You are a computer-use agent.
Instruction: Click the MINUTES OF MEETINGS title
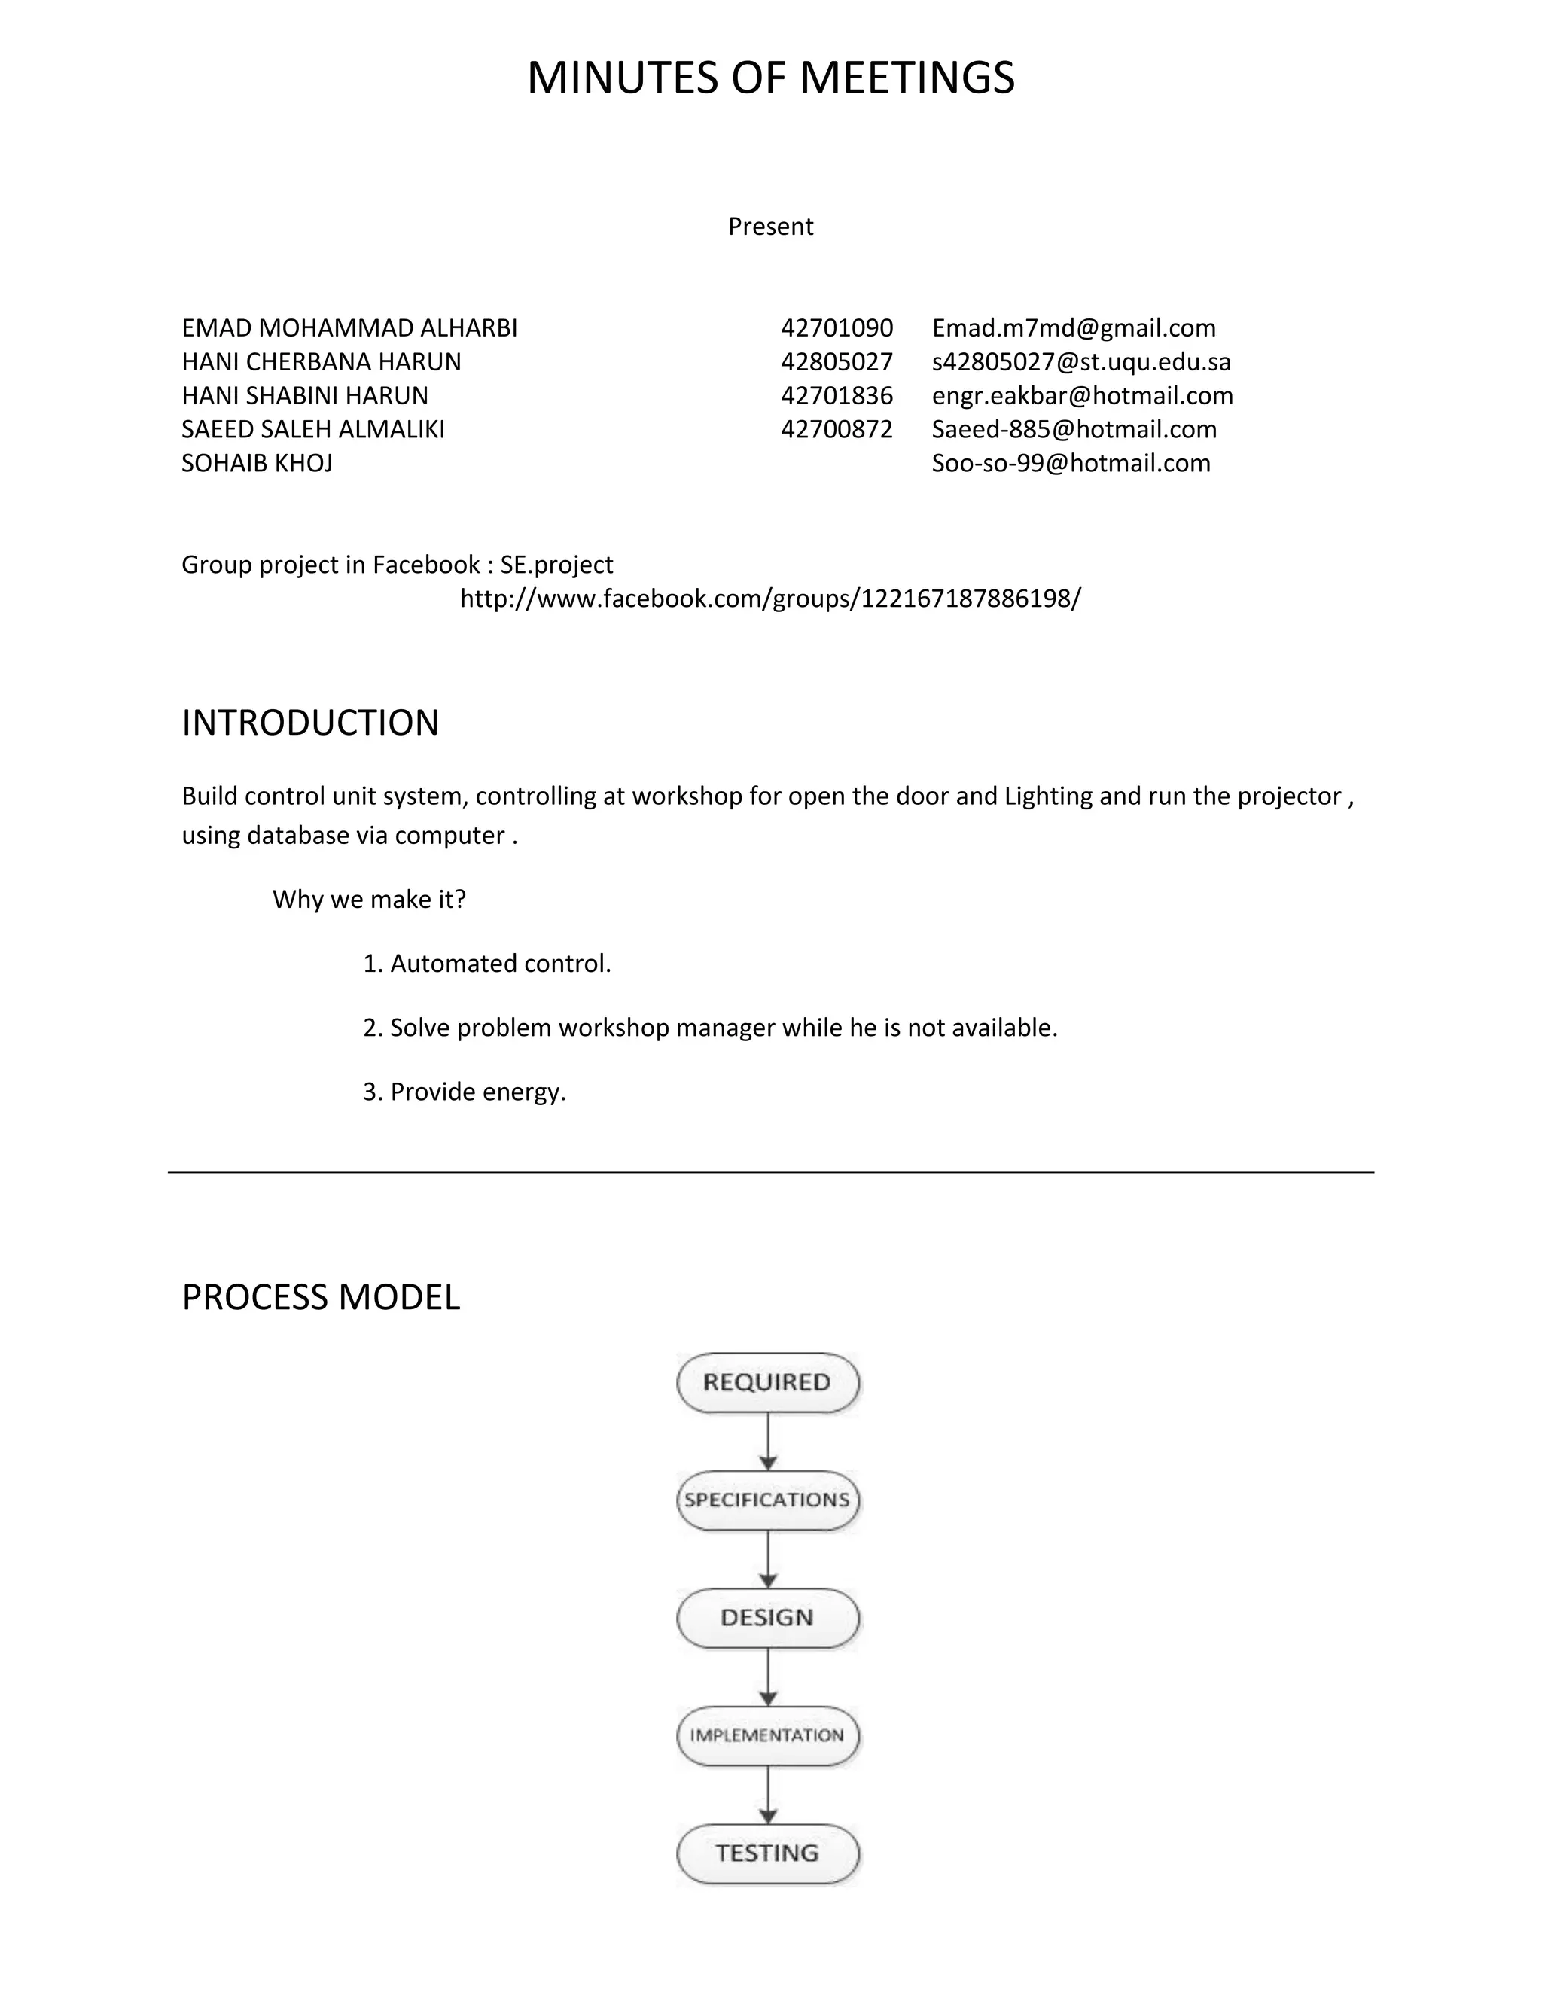click(770, 78)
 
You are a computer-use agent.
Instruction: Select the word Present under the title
click(770, 227)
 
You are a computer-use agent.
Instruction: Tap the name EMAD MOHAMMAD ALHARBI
click(349, 328)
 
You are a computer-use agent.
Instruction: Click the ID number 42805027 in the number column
click(836, 361)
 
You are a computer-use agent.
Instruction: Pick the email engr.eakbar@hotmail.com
click(1082, 395)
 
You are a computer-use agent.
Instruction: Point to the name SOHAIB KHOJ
click(257, 463)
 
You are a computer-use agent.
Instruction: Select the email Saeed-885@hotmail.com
click(1074, 429)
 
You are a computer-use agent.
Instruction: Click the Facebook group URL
click(770, 598)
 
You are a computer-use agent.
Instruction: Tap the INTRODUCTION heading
click(309, 723)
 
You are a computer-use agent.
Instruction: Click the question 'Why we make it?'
click(369, 900)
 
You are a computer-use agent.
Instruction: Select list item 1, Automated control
click(487, 964)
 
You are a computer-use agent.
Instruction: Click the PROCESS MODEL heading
click(321, 1297)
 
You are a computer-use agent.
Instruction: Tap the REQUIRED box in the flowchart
click(767, 1382)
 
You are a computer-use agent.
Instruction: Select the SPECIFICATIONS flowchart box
click(767, 1500)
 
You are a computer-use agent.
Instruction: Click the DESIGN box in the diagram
click(767, 1618)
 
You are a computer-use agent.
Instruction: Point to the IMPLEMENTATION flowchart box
click(767, 1735)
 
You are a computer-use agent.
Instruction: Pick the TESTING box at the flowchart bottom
click(767, 1853)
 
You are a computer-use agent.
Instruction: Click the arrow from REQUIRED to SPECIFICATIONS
click(768, 1442)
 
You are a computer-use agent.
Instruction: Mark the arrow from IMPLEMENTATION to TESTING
click(768, 1795)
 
